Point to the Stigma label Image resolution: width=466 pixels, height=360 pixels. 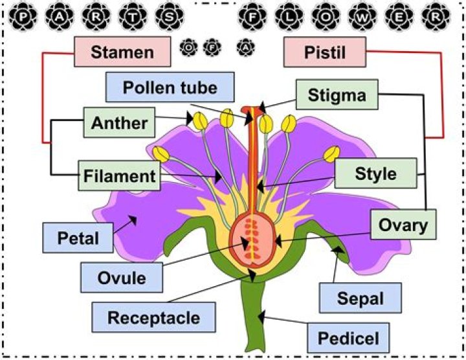tap(337, 96)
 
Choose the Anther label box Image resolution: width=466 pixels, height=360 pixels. tap(120, 122)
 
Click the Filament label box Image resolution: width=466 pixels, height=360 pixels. tap(119, 175)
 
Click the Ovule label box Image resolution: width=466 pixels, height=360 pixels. tap(122, 278)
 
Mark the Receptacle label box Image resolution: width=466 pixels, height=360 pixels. tap(153, 318)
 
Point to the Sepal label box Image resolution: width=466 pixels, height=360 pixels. tap(361, 300)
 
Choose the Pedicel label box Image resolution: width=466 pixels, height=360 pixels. tap(357, 337)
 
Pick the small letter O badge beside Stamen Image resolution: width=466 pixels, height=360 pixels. tap(189, 47)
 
